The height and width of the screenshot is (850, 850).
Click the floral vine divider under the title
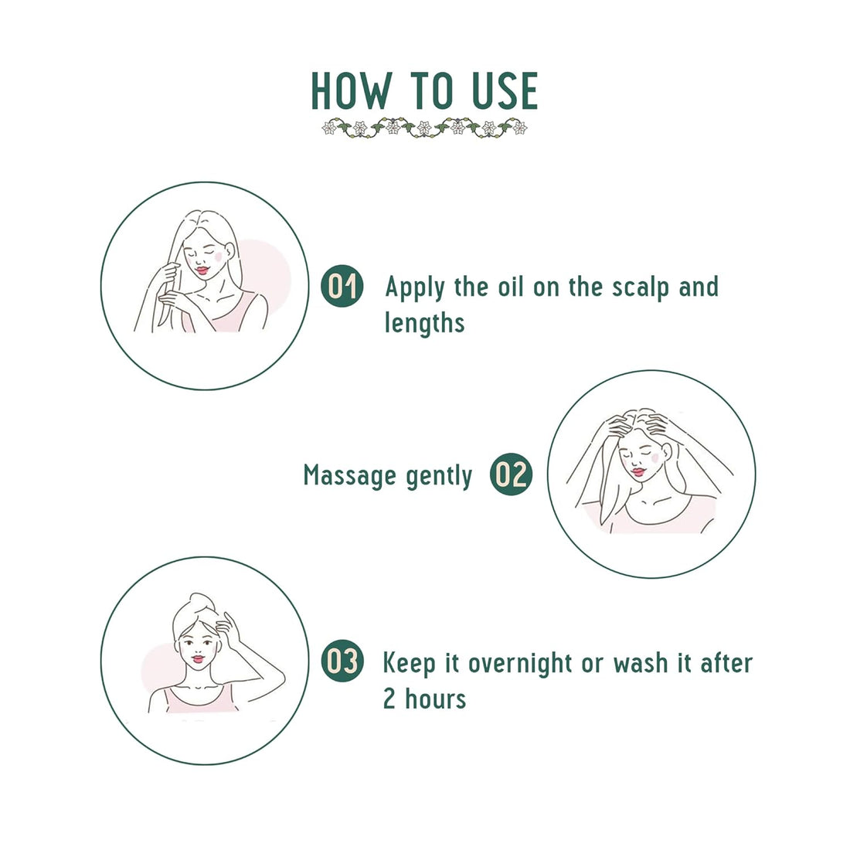coord(424,128)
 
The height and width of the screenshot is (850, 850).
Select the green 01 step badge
coord(342,286)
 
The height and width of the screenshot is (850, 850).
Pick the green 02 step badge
coord(511,474)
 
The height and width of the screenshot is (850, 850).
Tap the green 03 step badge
coord(342,662)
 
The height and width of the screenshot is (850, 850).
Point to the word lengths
coord(424,323)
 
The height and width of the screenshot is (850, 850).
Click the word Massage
coord(349,476)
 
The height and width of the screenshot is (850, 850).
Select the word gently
coord(438,478)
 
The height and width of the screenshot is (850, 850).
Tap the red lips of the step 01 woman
coord(202,270)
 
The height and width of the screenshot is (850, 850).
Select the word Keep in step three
coord(410,663)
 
